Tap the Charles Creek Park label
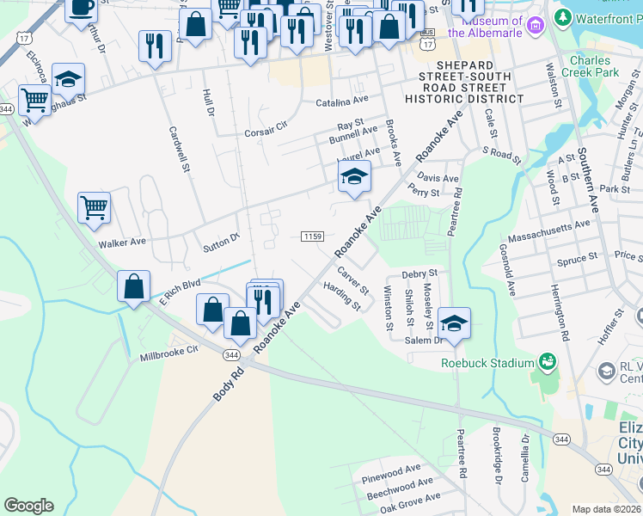(590, 67)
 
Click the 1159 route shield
(312, 236)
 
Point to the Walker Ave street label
(122, 244)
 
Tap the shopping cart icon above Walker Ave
(94, 207)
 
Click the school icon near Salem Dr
(454, 322)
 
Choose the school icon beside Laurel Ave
(353, 176)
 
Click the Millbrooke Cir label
(168, 350)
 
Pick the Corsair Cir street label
(265, 130)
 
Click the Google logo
(28, 506)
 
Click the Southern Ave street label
(589, 179)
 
